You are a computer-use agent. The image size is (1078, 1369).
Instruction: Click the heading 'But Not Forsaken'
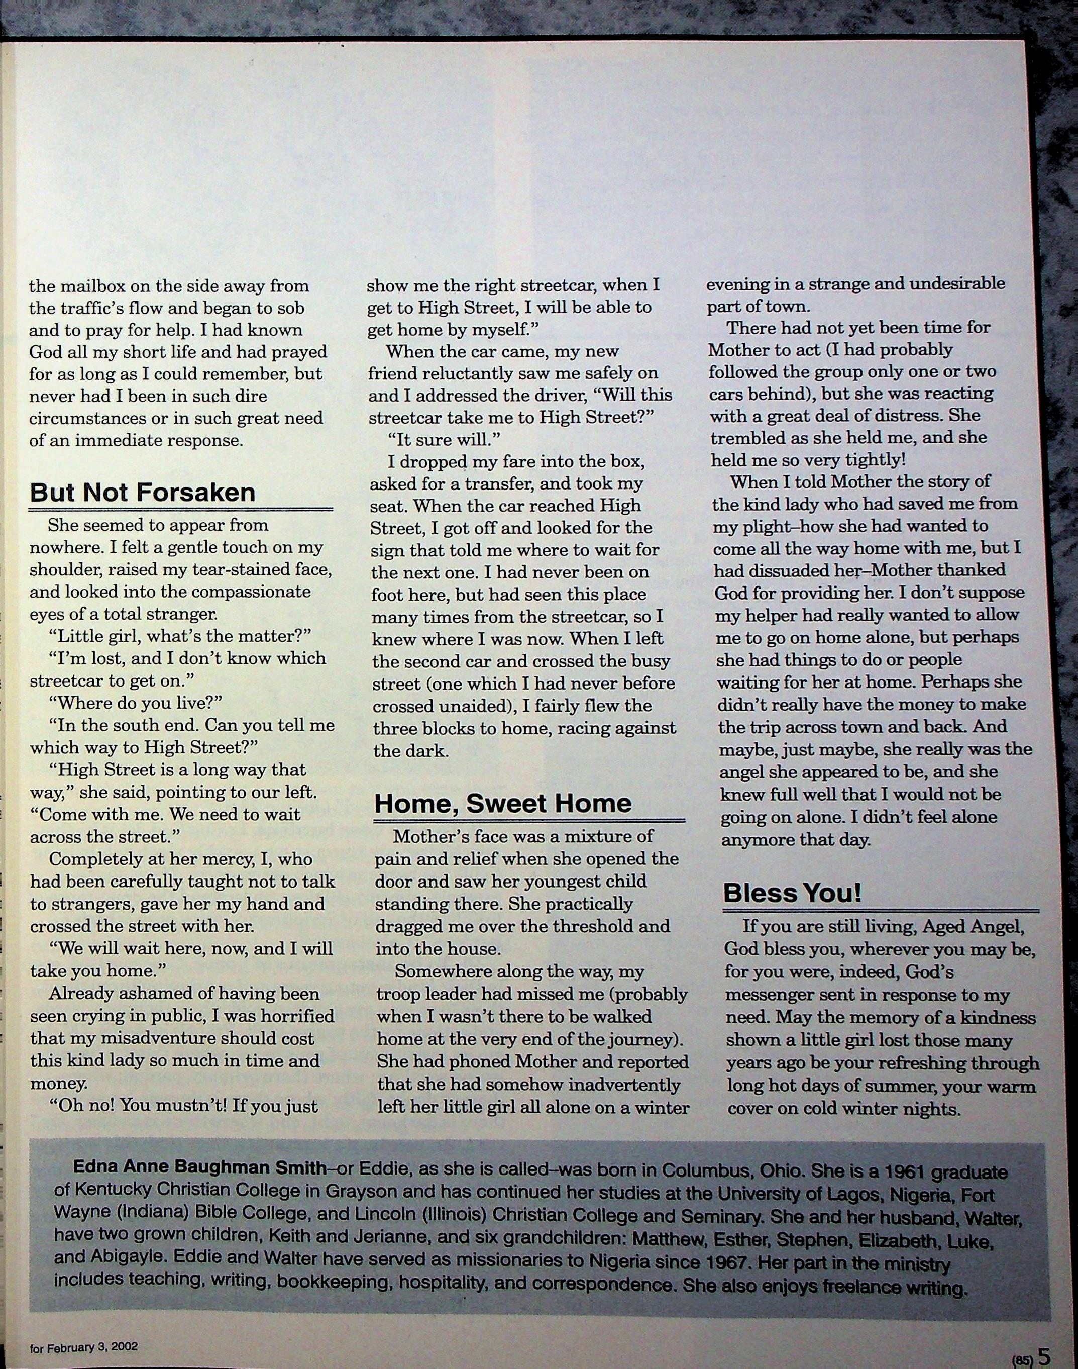(x=143, y=493)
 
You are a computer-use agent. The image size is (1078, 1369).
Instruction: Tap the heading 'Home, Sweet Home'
(x=502, y=803)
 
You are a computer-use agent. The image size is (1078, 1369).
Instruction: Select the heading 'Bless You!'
(x=792, y=893)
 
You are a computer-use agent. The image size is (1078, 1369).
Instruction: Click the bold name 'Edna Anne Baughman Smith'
(x=199, y=1166)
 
